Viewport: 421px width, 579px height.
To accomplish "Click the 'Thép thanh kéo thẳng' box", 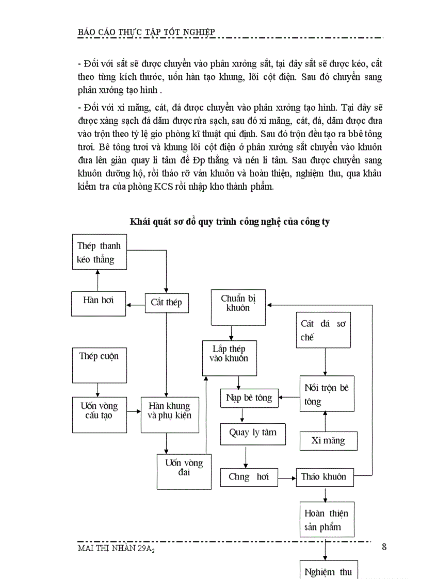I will pos(99,252).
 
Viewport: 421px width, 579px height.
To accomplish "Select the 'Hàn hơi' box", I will pos(98,302).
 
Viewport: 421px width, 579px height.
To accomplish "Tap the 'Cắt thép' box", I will pos(166,302).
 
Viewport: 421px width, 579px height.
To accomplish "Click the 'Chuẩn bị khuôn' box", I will pos(238,307).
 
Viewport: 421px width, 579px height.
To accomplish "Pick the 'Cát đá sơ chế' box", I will pos(323,330).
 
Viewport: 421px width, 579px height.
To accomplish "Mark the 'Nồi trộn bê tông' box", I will pos(327,393).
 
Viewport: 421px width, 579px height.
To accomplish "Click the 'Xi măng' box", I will pos(328,440).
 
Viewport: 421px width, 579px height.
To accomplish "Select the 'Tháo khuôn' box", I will pos(323,476).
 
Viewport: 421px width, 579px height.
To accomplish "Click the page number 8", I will pos(384,547).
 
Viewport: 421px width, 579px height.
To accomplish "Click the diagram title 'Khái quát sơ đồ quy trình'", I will pos(230,222).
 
